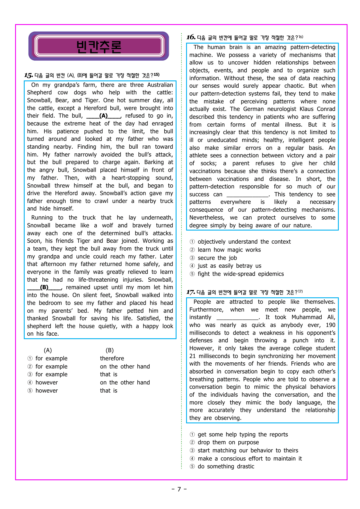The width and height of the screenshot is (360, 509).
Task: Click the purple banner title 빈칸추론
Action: coord(99,46)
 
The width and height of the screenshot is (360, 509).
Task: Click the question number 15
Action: coord(28,75)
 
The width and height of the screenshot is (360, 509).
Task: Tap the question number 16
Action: coord(191,37)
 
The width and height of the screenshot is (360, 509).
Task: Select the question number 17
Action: coord(190,292)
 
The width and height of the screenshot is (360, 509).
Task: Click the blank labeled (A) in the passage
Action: coord(104,116)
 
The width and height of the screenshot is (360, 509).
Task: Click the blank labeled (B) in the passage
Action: coord(44,287)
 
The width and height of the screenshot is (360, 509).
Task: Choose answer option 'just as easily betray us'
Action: coord(229,266)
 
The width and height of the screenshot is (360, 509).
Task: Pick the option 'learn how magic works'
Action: coord(229,250)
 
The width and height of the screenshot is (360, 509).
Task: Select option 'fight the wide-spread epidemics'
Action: coord(241,274)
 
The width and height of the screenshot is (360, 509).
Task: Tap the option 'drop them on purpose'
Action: coord(228,442)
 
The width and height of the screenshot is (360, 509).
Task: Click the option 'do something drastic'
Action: coord(226,466)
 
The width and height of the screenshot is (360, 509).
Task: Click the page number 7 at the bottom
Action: coord(179,489)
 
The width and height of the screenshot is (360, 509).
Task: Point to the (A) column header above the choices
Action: coord(48,350)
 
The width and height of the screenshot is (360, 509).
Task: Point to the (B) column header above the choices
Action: coord(109,350)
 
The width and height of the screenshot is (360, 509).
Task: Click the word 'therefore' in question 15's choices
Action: coord(112,358)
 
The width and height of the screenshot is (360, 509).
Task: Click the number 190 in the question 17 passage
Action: coord(330,325)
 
